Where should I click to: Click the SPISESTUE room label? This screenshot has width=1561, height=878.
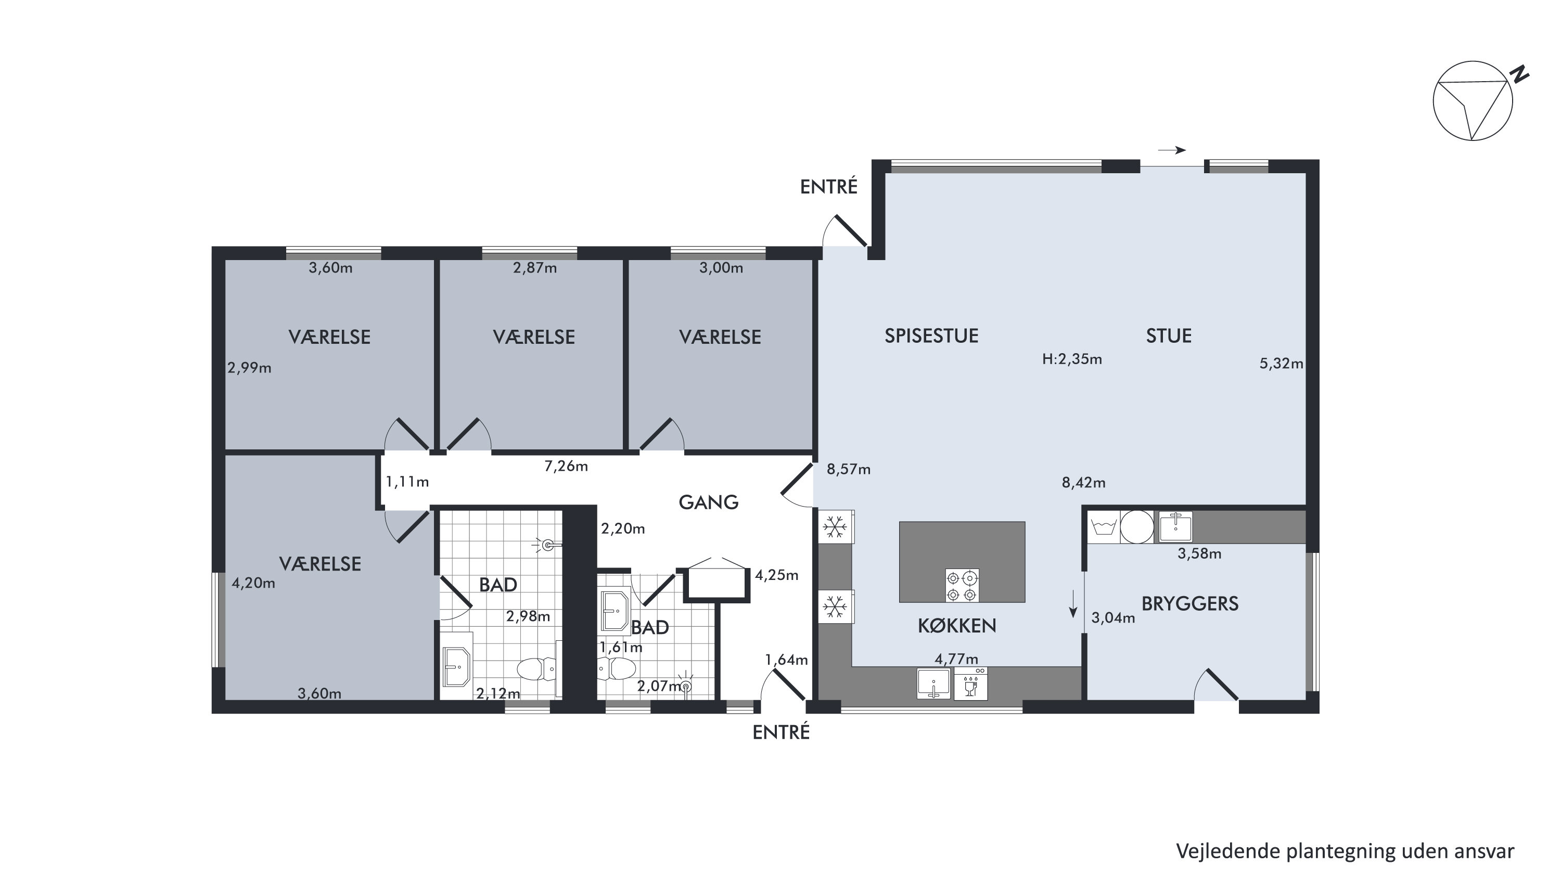pos(931,335)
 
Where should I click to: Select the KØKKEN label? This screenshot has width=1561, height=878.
pos(957,626)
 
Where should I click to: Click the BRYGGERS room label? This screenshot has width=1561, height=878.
pos(1189,603)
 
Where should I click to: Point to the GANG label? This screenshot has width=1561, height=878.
pos(708,502)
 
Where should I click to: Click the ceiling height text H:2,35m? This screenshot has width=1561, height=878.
pos(1071,359)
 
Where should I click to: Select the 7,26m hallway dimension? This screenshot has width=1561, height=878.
pos(566,466)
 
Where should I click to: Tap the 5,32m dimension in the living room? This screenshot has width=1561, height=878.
pos(1281,364)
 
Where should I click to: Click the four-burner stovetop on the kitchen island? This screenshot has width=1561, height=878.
pos(962,585)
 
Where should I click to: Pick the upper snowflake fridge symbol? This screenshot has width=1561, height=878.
pos(835,526)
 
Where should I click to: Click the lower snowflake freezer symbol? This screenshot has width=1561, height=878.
pos(835,606)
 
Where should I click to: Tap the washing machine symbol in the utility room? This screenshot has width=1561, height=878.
pos(1104,526)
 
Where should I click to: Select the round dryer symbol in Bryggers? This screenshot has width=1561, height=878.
pos(1137,526)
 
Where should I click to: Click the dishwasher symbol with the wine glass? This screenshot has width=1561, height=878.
pos(970,683)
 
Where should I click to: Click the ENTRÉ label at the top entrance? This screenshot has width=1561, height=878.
pos(828,187)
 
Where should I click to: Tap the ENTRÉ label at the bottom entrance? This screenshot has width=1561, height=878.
pos(781,732)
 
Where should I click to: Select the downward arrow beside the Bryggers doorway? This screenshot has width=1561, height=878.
pos(1072,603)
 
